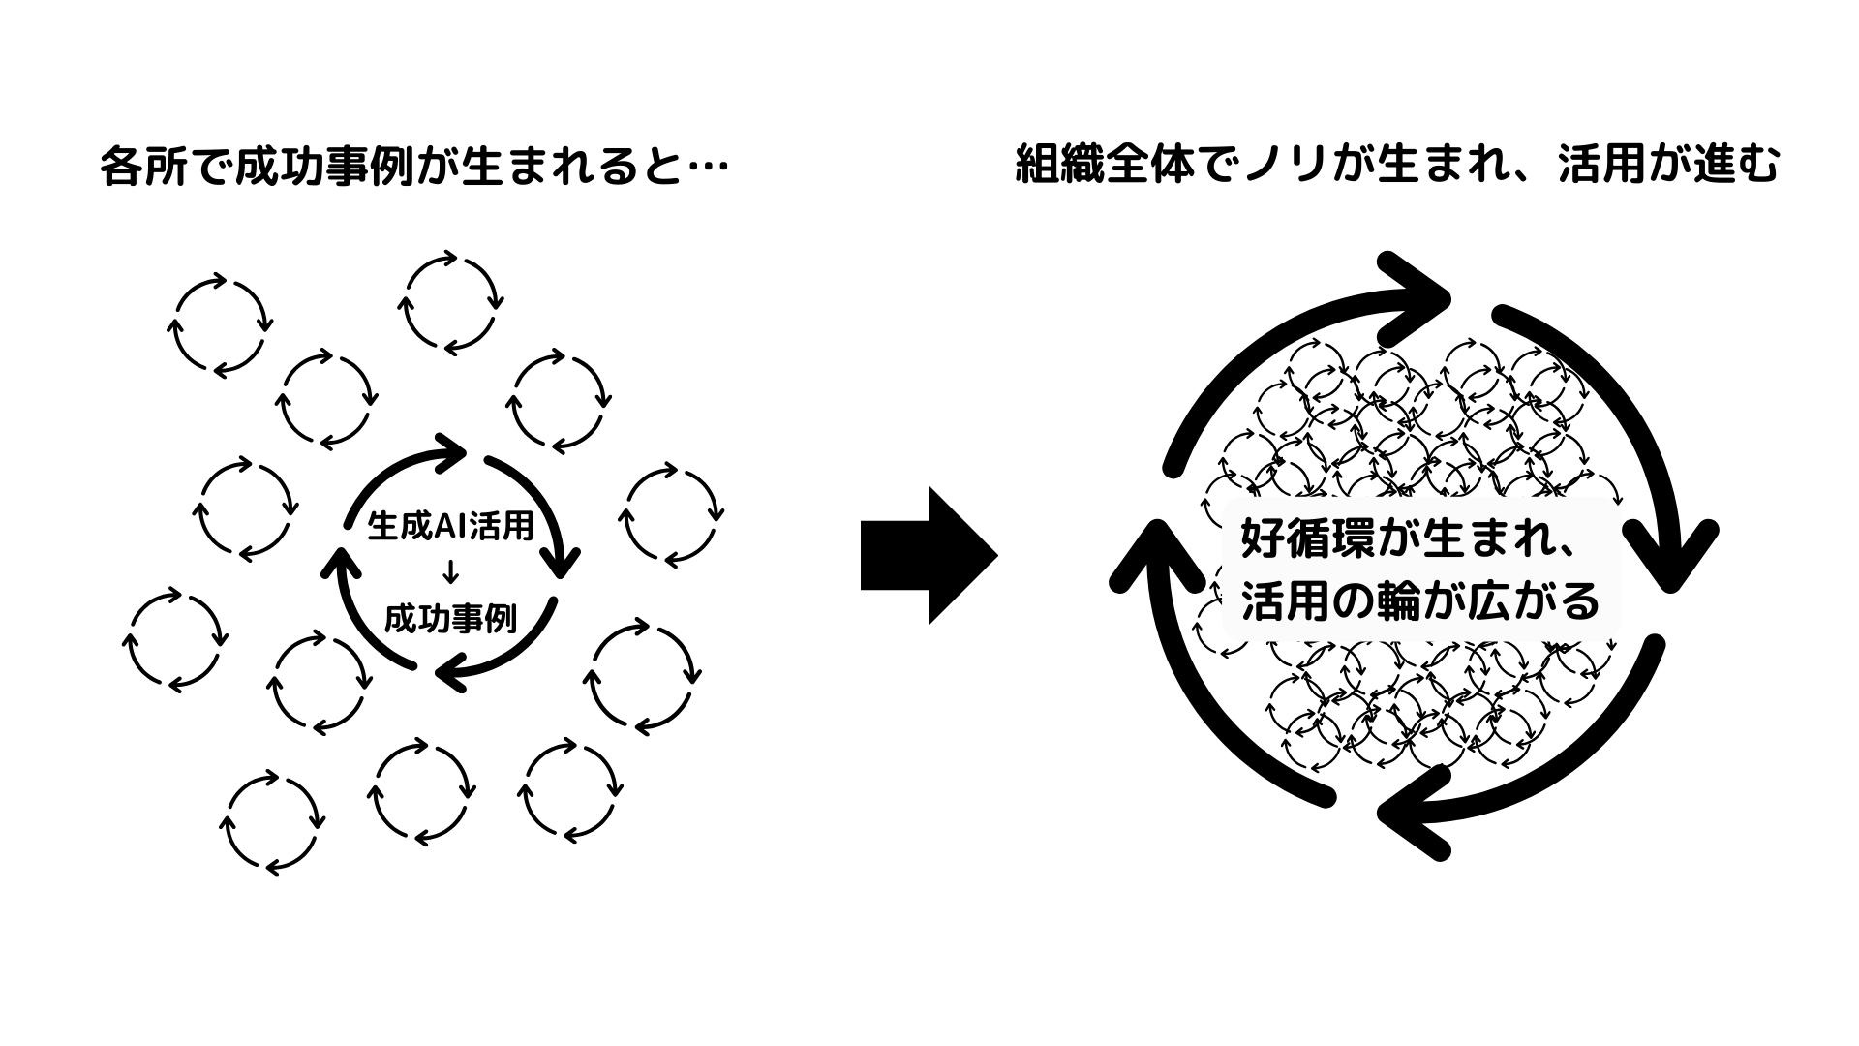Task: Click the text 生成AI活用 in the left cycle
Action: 450,526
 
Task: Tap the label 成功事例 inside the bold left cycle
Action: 450,619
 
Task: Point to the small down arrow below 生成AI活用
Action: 448,572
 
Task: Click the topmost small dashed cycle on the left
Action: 450,302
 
